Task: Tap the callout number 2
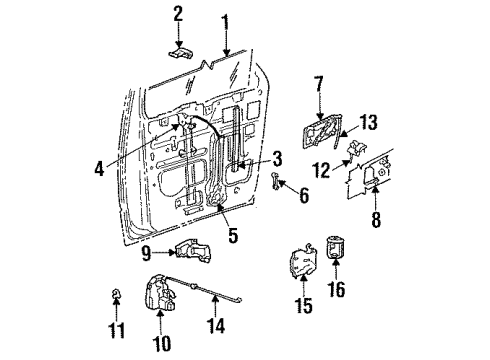coord(177,13)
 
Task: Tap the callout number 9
coord(145,253)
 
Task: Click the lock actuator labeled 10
coord(163,292)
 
